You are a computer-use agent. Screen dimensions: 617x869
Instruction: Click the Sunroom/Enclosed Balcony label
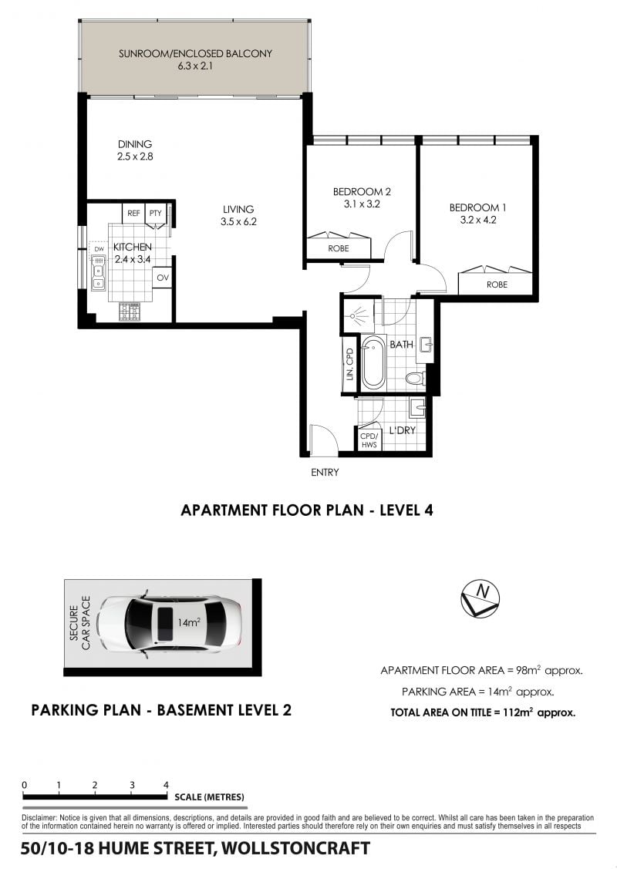click(195, 54)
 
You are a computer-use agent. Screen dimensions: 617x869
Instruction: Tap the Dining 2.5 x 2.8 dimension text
click(135, 157)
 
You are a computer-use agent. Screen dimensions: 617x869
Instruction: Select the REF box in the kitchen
click(133, 213)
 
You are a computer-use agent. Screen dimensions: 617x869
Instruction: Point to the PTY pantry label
click(155, 213)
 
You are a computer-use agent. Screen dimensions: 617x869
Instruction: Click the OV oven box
click(163, 278)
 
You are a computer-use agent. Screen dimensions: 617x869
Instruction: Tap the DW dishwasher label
click(99, 249)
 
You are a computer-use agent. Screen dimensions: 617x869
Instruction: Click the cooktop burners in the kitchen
click(130, 312)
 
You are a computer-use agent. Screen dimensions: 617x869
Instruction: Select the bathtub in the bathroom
click(373, 362)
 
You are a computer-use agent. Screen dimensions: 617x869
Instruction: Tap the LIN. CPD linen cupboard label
click(349, 364)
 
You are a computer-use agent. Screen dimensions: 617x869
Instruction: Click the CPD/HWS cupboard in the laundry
click(368, 440)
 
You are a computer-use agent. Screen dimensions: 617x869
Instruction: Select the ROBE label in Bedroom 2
click(338, 248)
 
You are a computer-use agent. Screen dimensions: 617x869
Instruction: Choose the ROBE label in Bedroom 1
click(497, 285)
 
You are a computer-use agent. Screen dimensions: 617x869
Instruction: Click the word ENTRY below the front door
click(325, 472)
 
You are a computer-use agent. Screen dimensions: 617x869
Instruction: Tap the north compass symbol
click(480, 599)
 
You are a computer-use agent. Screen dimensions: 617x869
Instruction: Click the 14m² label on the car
click(188, 622)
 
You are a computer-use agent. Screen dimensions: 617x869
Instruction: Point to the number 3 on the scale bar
click(132, 785)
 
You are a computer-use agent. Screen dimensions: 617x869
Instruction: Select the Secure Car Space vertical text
click(80, 623)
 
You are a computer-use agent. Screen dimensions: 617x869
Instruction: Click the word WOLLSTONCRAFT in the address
click(295, 848)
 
